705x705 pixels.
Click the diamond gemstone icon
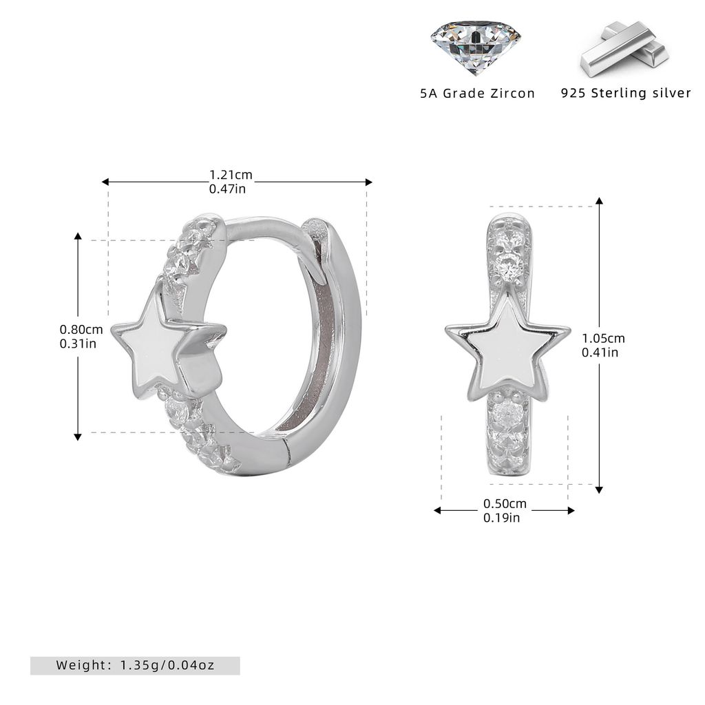click(x=476, y=48)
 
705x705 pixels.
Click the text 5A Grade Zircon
click(x=478, y=94)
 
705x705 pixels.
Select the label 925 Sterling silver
click(x=626, y=93)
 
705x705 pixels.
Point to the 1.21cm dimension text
click(x=231, y=174)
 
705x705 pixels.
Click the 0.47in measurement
click(x=227, y=189)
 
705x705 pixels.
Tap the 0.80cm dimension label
click(x=81, y=330)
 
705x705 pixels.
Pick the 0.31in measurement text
click(x=78, y=344)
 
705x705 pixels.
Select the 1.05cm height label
click(x=603, y=338)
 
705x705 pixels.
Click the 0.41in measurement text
click(x=600, y=352)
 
